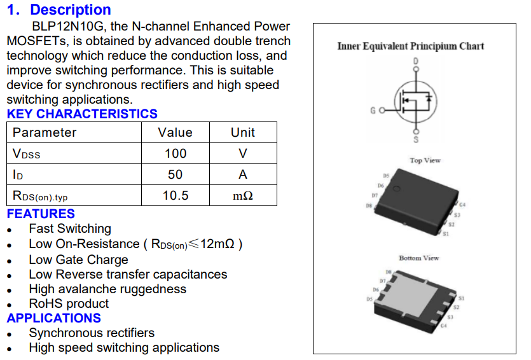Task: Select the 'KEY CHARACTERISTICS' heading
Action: point(82,114)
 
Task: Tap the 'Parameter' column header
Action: point(45,132)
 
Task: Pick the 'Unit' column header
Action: point(242,132)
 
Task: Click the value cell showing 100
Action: point(175,153)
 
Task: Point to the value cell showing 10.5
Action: point(175,195)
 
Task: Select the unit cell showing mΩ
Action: point(242,196)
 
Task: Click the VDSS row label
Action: point(27,154)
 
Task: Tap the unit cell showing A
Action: point(242,174)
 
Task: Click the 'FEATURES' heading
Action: point(41,214)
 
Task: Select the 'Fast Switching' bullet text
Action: point(70,228)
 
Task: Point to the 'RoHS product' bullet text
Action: point(69,303)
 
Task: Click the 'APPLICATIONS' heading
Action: point(54,318)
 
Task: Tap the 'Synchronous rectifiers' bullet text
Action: point(92,333)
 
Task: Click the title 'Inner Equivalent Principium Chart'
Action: point(410,46)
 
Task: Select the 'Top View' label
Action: point(425,160)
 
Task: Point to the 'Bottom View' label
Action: point(418,258)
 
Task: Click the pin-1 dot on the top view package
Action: point(396,189)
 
